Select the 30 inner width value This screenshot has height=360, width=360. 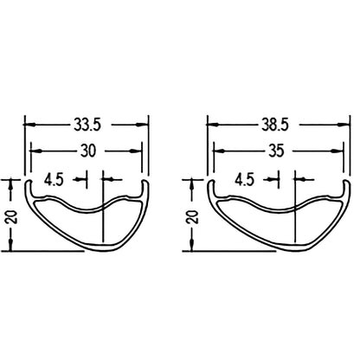click(x=87, y=151)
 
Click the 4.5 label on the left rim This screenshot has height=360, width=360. click(x=54, y=181)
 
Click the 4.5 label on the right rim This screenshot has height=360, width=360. click(x=243, y=181)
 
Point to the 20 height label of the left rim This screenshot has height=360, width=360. click(x=10, y=215)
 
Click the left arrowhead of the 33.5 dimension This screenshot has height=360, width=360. click(x=29, y=125)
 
